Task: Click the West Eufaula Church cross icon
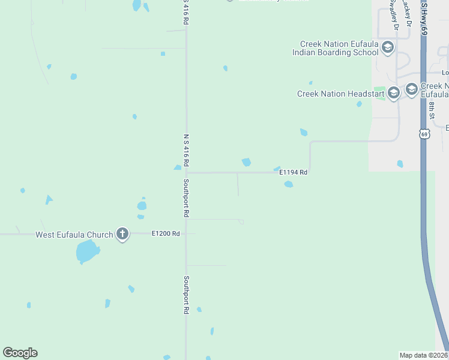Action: pos(122,234)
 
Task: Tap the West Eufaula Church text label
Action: pos(74,235)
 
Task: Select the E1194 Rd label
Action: pos(294,172)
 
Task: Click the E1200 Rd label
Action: pos(166,233)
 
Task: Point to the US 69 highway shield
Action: pos(424,134)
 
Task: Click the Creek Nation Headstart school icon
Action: pos(393,93)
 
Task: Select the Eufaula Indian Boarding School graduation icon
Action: pos(387,47)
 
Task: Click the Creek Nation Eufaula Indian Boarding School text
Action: pos(336,48)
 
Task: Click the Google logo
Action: pos(20,353)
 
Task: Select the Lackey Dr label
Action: pos(407,13)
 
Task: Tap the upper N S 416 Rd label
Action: pos(186,12)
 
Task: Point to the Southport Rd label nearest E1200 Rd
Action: pos(186,199)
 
